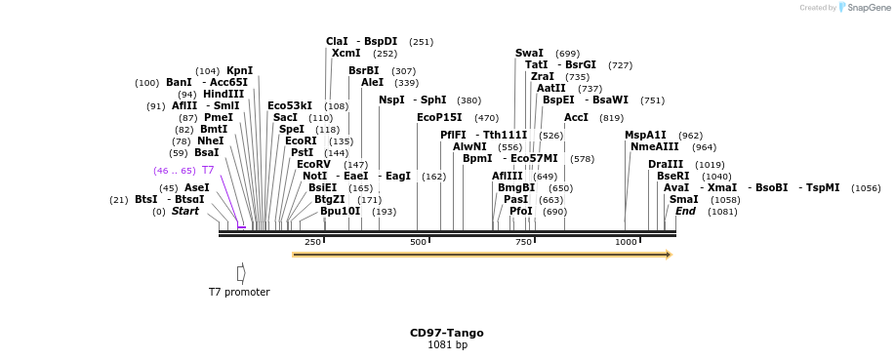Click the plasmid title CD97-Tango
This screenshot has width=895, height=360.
tap(446, 333)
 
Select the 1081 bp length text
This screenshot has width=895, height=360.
tap(447, 345)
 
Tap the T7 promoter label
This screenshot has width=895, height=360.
tap(239, 292)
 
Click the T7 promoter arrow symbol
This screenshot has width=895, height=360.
tap(241, 273)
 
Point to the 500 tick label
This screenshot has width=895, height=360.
tap(418, 242)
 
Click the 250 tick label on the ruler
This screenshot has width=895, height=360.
tap(312, 242)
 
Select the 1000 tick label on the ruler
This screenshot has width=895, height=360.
tap(626, 242)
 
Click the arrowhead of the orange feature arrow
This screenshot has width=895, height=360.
tap(669, 255)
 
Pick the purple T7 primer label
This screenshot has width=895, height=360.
tap(207, 170)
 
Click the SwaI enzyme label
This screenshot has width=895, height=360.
tap(529, 54)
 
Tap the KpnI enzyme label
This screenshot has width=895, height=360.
tap(239, 70)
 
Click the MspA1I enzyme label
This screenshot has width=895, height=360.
tap(645, 135)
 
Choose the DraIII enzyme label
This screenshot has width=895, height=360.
tap(666, 164)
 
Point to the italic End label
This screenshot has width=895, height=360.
tap(685, 211)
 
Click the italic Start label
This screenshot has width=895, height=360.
tap(185, 211)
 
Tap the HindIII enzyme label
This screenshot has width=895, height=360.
tap(224, 94)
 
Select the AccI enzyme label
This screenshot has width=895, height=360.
tap(576, 117)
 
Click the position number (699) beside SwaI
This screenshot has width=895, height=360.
tap(567, 54)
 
